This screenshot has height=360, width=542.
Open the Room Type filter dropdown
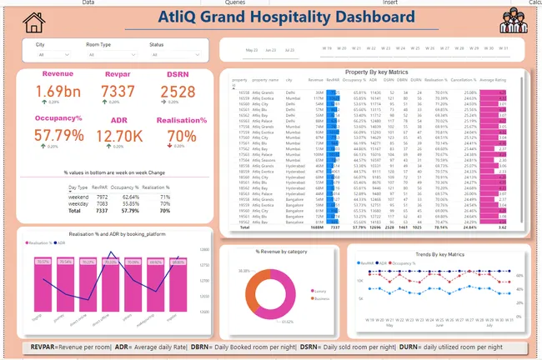tap(109, 55)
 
